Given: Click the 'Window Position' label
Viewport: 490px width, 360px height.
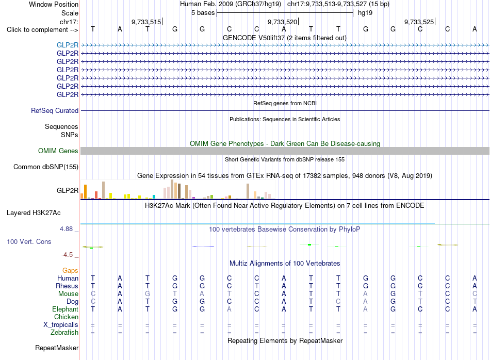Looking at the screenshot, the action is pyautogui.click(x=54, y=4).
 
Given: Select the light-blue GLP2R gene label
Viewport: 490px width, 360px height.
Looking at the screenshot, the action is pyautogui.click(x=68, y=45).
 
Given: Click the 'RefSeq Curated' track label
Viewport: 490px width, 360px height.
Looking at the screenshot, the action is pyautogui.click(x=55, y=110).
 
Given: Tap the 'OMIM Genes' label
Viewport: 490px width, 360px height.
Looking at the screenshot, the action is pyautogui.click(x=58, y=151).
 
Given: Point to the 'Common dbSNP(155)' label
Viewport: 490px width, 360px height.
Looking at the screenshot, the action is pyautogui.click(x=46, y=167).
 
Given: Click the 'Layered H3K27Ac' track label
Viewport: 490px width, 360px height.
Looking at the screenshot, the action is pyautogui.click(x=34, y=213).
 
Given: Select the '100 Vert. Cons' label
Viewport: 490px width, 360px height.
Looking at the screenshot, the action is pyautogui.click(x=29, y=241).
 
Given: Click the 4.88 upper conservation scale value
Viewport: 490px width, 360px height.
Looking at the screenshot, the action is pyautogui.click(x=66, y=229).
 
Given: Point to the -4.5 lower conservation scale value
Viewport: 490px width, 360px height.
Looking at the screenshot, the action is pyautogui.click(x=67, y=255).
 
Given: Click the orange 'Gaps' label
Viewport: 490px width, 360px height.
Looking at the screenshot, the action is pyautogui.click(x=70, y=270).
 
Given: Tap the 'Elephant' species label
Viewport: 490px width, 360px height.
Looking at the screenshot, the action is pyautogui.click(x=66, y=309).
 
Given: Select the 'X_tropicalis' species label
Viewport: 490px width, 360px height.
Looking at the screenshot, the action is pyautogui.click(x=61, y=325).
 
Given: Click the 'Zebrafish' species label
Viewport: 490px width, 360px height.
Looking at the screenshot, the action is pyautogui.click(x=64, y=332).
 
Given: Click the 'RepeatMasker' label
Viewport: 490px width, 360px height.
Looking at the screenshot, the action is pyautogui.click(x=57, y=348).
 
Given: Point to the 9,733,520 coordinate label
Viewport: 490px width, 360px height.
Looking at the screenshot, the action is pyautogui.click(x=283, y=22).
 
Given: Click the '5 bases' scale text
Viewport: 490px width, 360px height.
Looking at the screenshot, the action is pyautogui.click(x=203, y=13).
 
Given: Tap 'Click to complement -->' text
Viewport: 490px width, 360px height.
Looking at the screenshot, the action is pyautogui.click(x=42, y=30).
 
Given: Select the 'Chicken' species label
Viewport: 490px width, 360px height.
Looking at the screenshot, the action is pyautogui.click(x=66, y=317).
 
